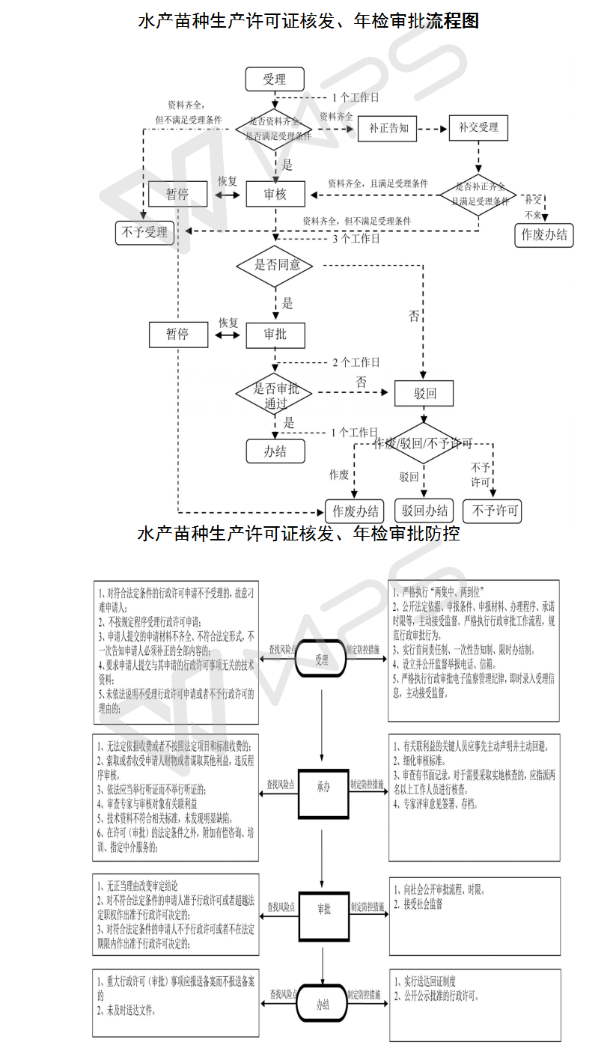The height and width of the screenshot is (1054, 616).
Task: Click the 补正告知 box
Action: [388, 128]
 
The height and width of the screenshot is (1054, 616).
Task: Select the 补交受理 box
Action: [478, 128]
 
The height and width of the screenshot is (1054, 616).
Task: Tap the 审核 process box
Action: [275, 194]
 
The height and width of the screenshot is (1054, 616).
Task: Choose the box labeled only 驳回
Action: [424, 392]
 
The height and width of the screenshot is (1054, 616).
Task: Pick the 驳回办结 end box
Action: [424, 511]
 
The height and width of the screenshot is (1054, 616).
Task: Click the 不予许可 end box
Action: [492, 511]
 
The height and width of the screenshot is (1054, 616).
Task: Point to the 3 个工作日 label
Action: [356, 239]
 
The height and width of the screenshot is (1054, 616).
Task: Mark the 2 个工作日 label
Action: [356, 362]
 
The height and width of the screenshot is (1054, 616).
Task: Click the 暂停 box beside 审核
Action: [177, 194]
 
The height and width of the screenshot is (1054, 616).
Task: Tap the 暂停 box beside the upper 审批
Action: [177, 334]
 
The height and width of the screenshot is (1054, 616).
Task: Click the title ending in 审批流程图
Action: [308, 20]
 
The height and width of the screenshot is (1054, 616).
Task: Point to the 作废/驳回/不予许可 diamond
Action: [424, 443]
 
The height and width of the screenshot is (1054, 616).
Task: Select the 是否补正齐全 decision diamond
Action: [479, 193]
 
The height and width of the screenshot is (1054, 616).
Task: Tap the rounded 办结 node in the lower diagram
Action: [323, 1005]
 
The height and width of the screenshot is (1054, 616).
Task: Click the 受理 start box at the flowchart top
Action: [275, 79]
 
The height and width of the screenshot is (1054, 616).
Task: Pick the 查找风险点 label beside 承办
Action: [281, 785]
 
